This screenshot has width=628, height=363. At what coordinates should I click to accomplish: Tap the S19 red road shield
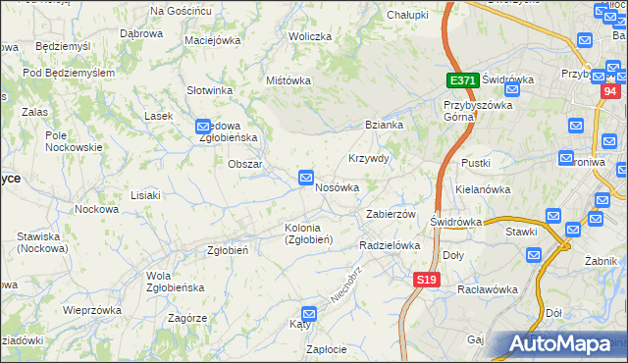425,280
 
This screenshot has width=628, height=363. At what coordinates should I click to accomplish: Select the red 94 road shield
610,92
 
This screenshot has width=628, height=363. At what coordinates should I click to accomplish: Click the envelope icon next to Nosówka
306,178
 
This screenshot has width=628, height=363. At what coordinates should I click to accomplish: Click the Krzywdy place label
369,158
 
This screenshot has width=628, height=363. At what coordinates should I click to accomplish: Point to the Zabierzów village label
392,214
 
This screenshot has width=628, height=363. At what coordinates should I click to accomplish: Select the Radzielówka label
390,245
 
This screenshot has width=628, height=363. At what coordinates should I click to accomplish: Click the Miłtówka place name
288,80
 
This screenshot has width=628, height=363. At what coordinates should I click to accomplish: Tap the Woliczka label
309,36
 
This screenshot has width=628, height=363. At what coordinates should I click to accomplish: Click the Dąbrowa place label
140,32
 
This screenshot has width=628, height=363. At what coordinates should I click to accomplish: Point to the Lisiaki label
144,195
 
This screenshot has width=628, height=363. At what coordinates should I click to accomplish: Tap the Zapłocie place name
326,349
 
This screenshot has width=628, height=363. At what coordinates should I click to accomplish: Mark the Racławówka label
488,289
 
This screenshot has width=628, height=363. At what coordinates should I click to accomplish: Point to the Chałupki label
407,16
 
